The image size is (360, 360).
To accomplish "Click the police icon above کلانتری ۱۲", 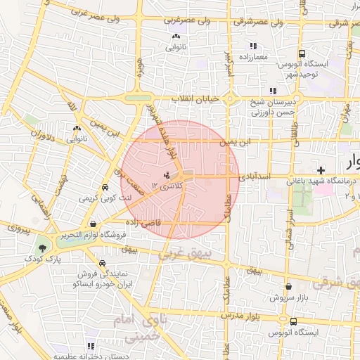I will (x=167, y=174).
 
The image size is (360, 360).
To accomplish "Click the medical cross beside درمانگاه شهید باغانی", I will (x=321, y=170).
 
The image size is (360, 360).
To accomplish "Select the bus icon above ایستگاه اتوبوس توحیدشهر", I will (x=302, y=53).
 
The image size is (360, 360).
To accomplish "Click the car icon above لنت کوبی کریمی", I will (x=105, y=188).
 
